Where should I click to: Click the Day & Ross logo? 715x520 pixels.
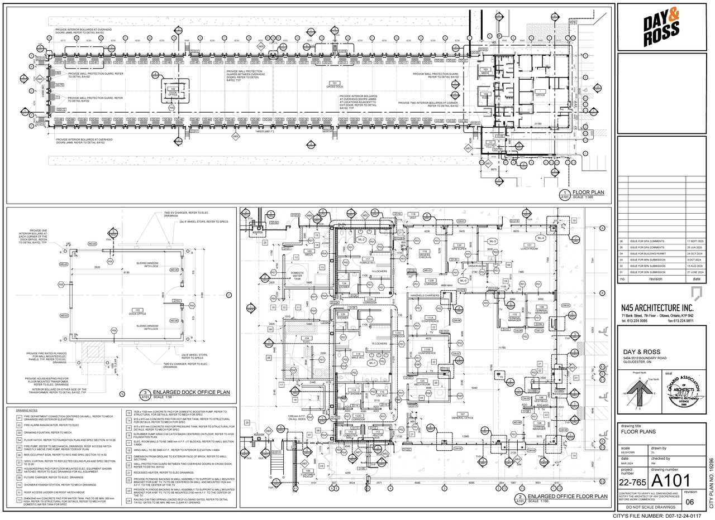661,27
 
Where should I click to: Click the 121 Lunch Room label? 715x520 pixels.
528,247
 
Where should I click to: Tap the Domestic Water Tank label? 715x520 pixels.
298,275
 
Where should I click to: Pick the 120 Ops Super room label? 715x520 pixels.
460,247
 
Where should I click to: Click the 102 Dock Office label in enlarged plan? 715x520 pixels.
133,311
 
